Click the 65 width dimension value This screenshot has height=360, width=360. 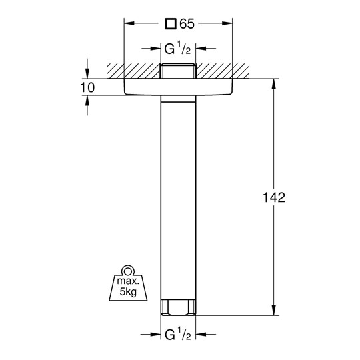pos(187,24)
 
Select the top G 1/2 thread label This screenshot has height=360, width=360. pos(178,49)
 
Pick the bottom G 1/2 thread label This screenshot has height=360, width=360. pos(178,335)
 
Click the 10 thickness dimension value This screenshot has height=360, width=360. pos(87,88)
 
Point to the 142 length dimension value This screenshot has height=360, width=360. pos(274,197)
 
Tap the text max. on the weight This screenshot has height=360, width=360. pos(128,281)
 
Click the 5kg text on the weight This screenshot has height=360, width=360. pos(128,292)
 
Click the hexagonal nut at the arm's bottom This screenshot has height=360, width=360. pos(178,307)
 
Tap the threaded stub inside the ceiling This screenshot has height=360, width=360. pos(178,71)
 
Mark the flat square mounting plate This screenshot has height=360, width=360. pos(178,87)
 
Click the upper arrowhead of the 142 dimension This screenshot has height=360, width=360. pos(274,84)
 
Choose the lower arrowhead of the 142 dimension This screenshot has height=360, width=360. pos(274,310)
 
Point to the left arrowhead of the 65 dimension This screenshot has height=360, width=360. pos(129,23)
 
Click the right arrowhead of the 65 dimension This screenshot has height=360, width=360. pos(227,23)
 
